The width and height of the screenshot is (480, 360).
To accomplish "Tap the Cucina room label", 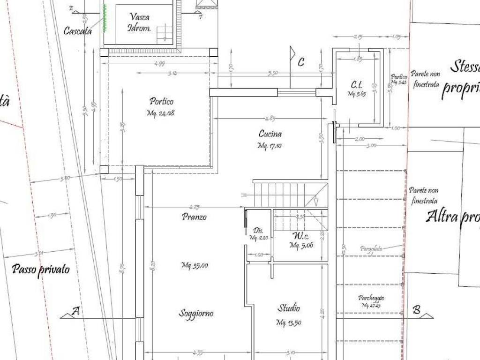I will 270,134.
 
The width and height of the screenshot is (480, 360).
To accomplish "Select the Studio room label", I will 289,308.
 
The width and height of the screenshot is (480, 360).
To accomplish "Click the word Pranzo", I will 194,217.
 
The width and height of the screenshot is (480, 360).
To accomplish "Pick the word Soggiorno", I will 196,313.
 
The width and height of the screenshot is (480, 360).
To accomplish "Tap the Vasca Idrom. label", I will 140,22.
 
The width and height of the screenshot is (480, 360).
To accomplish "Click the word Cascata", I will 77,31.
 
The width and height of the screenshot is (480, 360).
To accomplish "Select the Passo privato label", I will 41,270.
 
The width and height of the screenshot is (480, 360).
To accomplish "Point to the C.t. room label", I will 357,85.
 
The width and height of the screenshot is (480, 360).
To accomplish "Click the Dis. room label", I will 258,231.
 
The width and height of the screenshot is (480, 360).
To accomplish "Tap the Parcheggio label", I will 371,298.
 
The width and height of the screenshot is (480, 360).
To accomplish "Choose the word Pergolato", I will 371,249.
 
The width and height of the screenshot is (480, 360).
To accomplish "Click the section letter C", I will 301,61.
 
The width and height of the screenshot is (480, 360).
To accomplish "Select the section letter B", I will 416,310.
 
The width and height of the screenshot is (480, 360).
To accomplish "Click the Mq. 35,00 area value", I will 195,266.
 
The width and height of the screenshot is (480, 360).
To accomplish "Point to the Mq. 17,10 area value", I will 270,146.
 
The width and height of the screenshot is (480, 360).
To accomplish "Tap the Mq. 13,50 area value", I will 288,322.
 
